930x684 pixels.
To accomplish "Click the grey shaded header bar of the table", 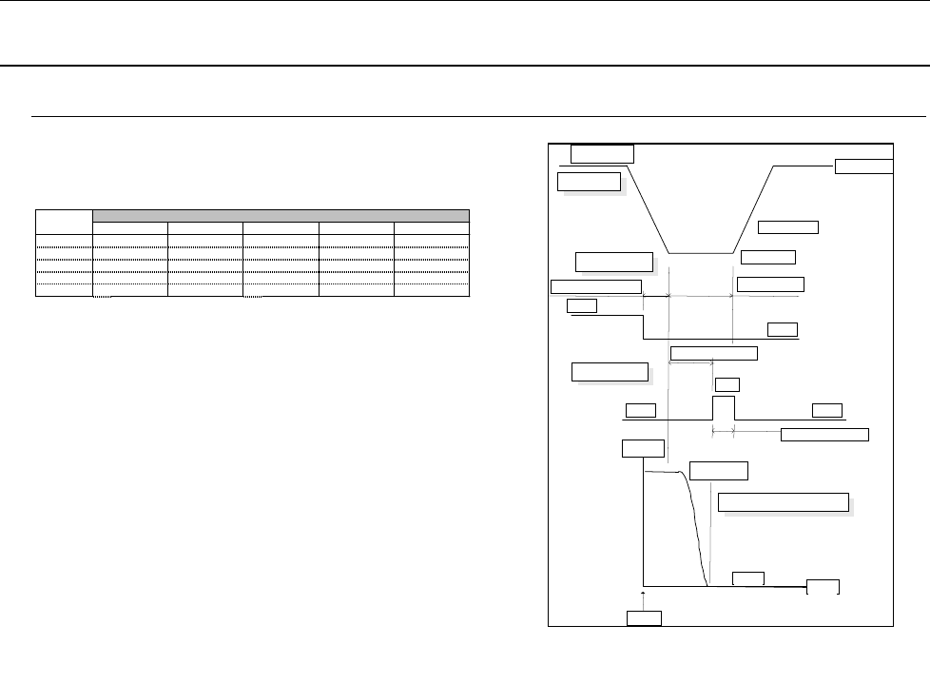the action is (281, 215).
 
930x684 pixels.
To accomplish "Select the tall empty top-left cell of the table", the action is (64, 221).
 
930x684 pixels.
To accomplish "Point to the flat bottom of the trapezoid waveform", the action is (701, 253).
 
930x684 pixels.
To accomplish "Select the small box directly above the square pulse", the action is (727, 384).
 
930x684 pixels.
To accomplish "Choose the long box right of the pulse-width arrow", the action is (823, 435).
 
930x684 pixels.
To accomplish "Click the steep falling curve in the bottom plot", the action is (700, 533).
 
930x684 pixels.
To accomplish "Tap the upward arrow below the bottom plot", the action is (644, 597).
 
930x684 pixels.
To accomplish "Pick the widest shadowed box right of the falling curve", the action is (784, 502).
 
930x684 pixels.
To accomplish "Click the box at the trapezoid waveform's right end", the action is (863, 166).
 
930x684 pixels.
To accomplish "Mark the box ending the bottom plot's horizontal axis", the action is (823, 585).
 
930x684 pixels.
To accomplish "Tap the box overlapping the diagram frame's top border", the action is (603, 153).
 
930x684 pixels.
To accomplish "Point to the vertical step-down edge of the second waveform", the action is (644, 327).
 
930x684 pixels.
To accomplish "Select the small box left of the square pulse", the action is (640, 410).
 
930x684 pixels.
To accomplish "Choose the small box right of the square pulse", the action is (826, 410).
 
